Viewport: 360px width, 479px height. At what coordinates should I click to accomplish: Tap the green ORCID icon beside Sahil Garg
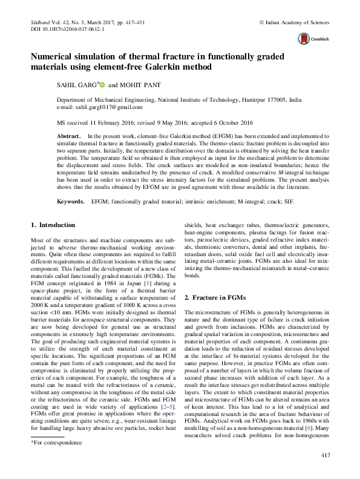pos(103,86)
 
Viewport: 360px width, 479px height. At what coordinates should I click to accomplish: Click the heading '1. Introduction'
pos(53,225)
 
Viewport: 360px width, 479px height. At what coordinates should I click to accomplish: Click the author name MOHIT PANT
pos(140,87)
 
